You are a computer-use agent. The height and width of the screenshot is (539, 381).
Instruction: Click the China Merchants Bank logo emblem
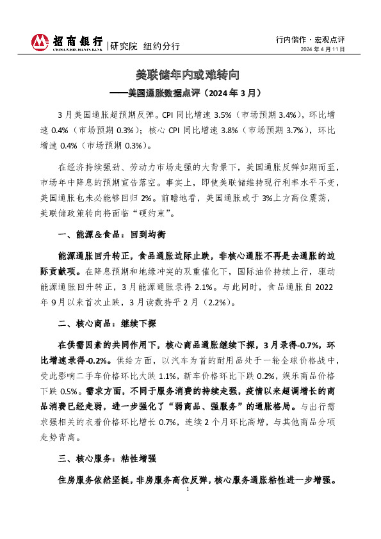coord(40,42)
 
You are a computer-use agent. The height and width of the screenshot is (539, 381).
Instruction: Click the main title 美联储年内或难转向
coord(190,75)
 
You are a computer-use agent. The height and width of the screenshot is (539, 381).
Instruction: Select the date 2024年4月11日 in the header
coord(323,49)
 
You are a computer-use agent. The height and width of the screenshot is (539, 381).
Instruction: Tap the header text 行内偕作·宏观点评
coord(311,39)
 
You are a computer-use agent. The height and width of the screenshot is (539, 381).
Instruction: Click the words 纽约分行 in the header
coord(161,46)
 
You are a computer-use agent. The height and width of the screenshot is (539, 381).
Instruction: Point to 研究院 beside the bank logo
coord(124,46)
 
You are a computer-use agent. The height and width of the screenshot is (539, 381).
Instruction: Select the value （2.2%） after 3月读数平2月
coord(215,302)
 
